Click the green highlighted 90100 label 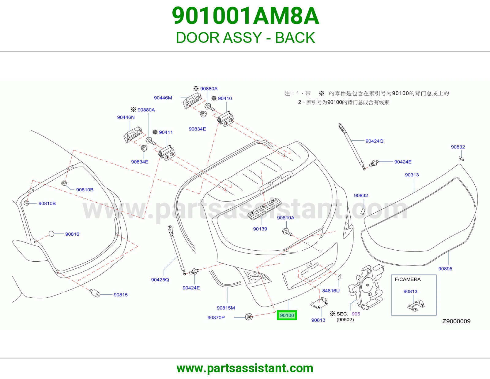coord(287,315)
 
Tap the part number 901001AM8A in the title coord(245,16)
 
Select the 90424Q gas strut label coord(374,141)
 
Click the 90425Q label coord(160,280)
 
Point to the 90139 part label coord(260,229)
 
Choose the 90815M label coord(226,308)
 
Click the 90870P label coord(216,318)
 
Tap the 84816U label coord(331,291)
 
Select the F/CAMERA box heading coord(408,279)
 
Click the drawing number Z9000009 coord(456,321)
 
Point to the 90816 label coord(72,234)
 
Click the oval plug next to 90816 coord(52,234)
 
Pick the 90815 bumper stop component coord(95,293)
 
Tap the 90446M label coord(163,98)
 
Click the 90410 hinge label coord(225,98)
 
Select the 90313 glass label coord(412,175)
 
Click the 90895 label coord(445,269)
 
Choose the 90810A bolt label coord(286,218)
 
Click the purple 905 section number coord(356,314)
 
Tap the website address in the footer coord(245,368)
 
